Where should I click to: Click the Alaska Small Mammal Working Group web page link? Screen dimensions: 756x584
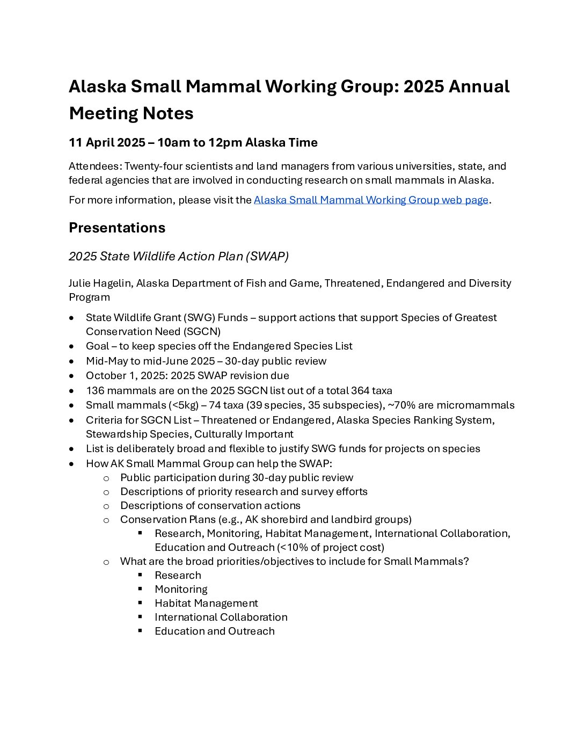(371, 200)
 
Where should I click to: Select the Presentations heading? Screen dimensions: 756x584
(117, 228)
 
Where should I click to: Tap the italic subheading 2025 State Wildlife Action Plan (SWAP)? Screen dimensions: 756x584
(179, 257)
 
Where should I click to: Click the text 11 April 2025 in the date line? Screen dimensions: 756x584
(107, 143)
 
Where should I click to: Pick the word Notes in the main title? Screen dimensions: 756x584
(167, 113)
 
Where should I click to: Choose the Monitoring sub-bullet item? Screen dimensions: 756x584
(181, 590)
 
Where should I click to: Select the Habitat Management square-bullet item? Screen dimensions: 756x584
(206, 604)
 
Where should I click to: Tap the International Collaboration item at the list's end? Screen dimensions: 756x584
(221, 617)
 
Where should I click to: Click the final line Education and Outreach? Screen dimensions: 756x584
(214, 631)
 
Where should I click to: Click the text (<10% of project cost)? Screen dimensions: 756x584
(331, 548)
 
